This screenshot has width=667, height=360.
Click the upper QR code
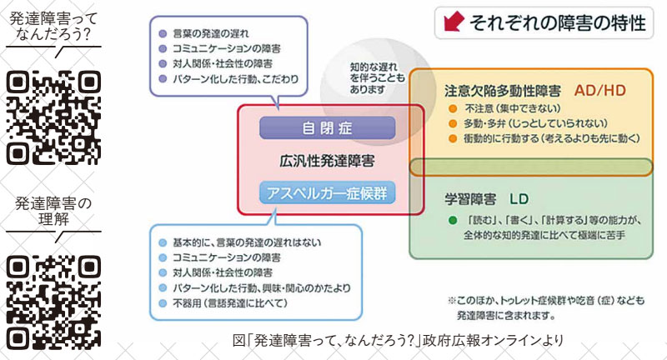tap(53, 117)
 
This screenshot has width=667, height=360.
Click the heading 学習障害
tap(471, 200)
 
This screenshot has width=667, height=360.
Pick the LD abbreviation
tap(519, 200)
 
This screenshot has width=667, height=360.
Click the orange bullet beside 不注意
tap(453, 107)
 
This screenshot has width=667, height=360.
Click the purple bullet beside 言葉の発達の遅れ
tap(163, 34)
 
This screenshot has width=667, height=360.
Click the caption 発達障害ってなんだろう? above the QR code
tap(53, 26)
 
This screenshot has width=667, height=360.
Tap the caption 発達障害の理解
tap(53, 211)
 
